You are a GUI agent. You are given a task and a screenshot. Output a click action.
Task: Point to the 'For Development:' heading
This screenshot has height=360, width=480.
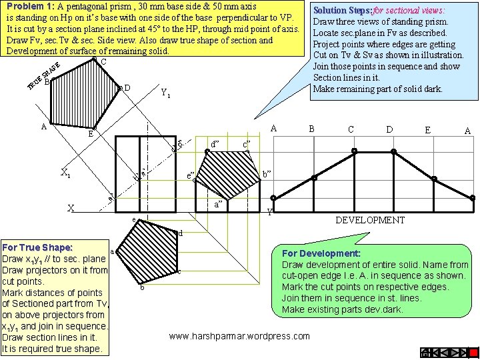321,253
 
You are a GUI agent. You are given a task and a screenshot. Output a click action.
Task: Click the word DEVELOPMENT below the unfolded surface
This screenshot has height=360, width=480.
369,220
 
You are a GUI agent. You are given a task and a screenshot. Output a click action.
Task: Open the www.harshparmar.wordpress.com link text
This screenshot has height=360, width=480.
241,336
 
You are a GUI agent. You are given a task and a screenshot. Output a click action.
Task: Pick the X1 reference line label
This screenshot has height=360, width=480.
66,173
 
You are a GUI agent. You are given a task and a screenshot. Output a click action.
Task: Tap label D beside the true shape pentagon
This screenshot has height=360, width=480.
127,88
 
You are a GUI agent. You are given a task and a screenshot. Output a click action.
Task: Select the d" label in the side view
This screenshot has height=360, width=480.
215,143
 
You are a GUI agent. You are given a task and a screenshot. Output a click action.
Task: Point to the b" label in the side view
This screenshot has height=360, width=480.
267,173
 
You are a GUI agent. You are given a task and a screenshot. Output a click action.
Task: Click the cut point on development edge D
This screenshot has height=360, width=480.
393,152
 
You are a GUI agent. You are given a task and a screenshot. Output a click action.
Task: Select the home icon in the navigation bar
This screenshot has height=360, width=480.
426,352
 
